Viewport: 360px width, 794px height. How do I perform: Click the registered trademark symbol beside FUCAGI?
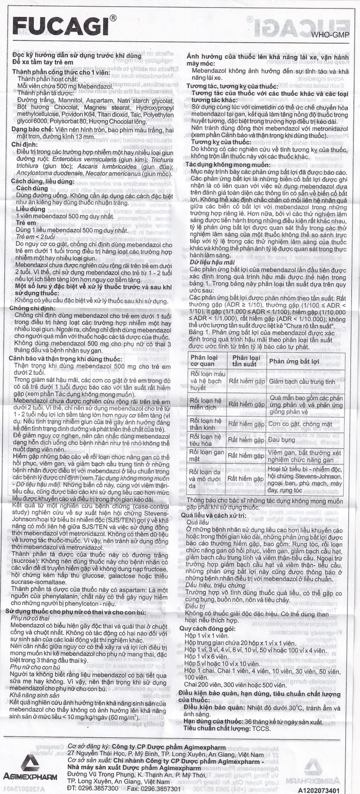pos(113,17)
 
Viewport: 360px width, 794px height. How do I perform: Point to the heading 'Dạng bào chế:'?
pos(32,129)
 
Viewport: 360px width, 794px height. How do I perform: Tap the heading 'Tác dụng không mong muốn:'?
pos(228,165)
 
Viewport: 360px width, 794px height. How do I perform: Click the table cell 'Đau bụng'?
pos(282,439)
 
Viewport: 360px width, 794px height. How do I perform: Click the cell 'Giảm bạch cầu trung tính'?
pos(302,382)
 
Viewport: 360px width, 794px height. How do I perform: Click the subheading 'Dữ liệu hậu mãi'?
pos(212,262)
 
